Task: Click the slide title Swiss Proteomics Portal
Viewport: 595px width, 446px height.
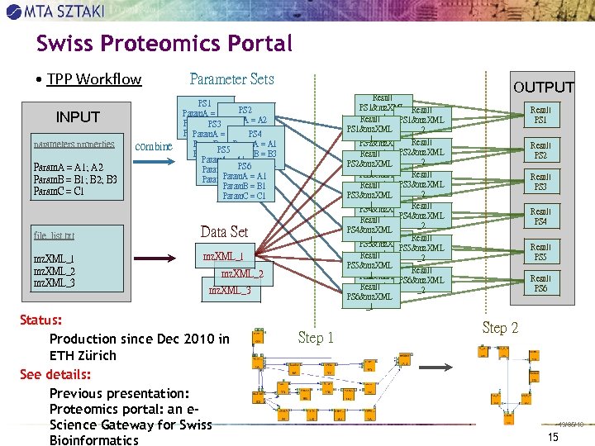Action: pyautogui.click(x=164, y=44)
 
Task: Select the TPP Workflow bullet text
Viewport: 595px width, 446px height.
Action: pyautogui.click(x=94, y=79)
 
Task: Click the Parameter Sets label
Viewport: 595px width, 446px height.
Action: pyautogui.click(x=231, y=79)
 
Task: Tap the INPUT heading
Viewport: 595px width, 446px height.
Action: pyautogui.click(x=77, y=117)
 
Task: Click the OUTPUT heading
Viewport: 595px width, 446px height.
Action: pyautogui.click(x=543, y=87)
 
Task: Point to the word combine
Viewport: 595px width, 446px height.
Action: pyautogui.click(x=153, y=146)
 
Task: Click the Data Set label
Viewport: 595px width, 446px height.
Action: pyautogui.click(x=224, y=231)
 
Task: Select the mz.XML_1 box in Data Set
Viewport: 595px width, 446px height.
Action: pyautogui.click(x=224, y=256)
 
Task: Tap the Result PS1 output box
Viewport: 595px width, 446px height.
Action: pyautogui.click(x=540, y=115)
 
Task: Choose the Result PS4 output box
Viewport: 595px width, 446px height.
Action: pyautogui.click(x=540, y=216)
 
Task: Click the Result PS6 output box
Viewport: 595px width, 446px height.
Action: pyautogui.click(x=540, y=283)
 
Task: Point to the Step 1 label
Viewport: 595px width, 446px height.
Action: pyautogui.click(x=316, y=337)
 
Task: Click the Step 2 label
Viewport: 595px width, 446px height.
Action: pyautogui.click(x=500, y=328)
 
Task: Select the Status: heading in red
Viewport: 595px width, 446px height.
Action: pyautogui.click(x=42, y=320)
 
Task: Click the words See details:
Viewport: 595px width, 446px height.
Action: pyautogui.click(x=55, y=374)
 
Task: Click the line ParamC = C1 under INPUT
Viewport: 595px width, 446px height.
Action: pyautogui.click(x=58, y=192)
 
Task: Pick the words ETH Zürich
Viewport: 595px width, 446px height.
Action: pyautogui.click(x=83, y=356)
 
